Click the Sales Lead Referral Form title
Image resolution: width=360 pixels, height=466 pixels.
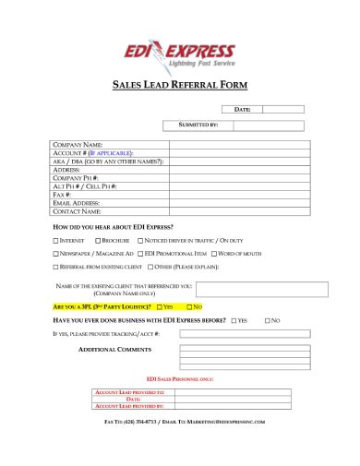click(180, 84)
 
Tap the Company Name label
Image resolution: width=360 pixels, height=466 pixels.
click(78, 145)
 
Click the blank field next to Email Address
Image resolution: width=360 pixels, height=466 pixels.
click(235, 203)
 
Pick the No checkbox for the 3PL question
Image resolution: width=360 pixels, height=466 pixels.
click(189, 305)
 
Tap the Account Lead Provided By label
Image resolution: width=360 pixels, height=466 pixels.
click(129, 405)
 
